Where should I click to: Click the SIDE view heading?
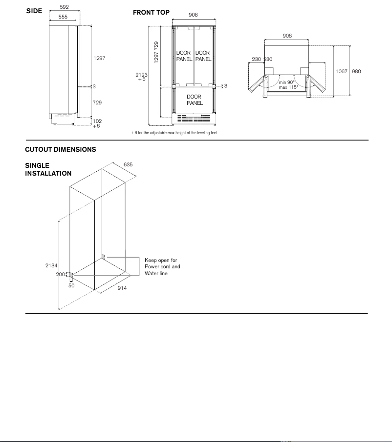pos(34,11)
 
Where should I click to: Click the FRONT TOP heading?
pos(151,13)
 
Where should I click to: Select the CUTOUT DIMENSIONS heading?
pos(61,150)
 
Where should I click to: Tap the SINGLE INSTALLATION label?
pos(48,169)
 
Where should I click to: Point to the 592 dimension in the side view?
pos(64,7)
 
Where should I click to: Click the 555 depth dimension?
pos(63,17)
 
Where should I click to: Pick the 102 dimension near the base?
pos(97,121)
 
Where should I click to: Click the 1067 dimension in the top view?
pos(341,72)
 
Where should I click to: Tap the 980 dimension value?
pos(356,72)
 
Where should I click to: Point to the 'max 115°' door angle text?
pos(288,87)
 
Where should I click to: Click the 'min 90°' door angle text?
pos(287,82)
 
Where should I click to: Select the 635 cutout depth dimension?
pos(128,165)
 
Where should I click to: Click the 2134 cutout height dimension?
pos(51,265)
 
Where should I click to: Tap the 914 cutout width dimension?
pos(122,288)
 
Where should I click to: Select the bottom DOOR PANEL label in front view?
pos(194,100)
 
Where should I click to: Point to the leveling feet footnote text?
pos(174,133)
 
